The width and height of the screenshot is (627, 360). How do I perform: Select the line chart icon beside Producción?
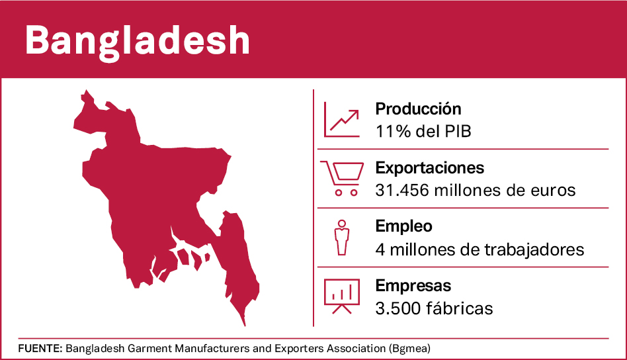point(341,120)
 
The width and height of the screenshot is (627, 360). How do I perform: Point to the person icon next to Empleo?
point(341,236)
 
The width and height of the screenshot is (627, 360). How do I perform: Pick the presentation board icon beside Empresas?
point(341,296)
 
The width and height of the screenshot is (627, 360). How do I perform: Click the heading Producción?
point(418,109)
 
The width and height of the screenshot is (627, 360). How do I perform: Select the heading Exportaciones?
point(429,168)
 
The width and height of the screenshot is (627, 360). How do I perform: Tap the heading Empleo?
point(403,226)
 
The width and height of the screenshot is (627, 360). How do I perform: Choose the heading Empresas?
point(413,286)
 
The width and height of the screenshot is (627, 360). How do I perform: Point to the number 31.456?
point(400,190)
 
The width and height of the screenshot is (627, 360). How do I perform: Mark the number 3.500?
point(396,308)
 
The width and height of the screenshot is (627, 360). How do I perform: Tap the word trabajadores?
point(532,249)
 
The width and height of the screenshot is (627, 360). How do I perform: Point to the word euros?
point(554,190)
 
